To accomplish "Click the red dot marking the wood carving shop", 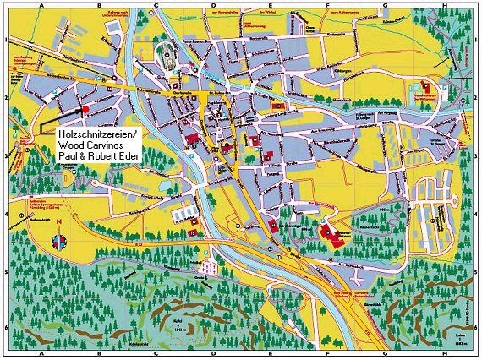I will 85,110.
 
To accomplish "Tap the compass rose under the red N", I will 58,240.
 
